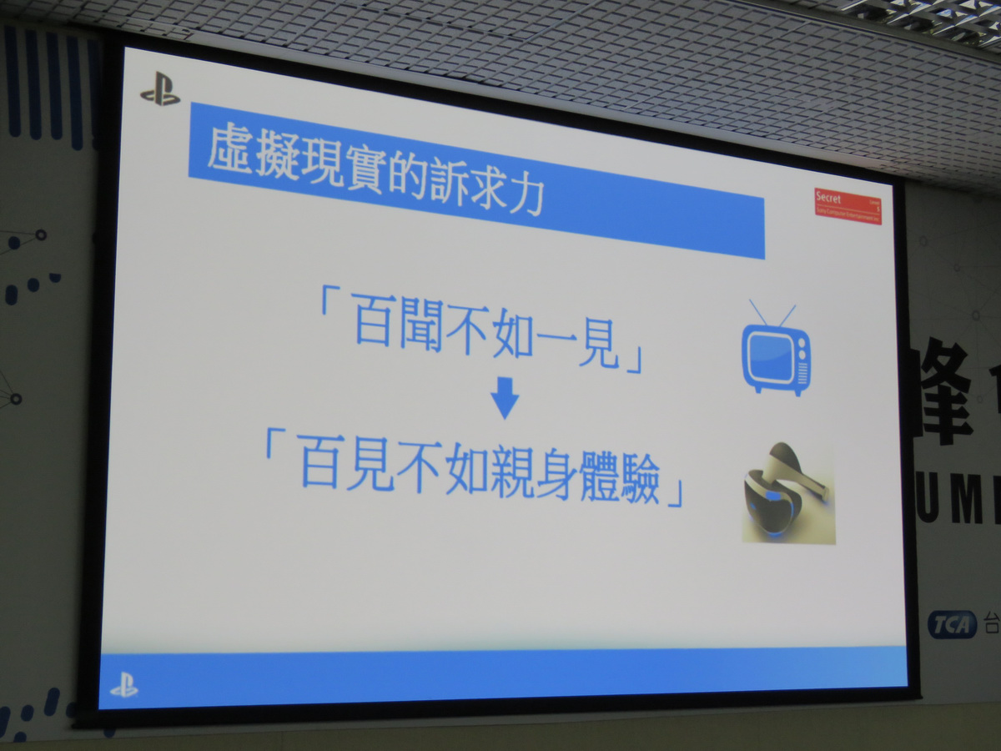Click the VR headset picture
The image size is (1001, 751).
tap(788, 493)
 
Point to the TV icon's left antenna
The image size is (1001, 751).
tap(760, 313)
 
